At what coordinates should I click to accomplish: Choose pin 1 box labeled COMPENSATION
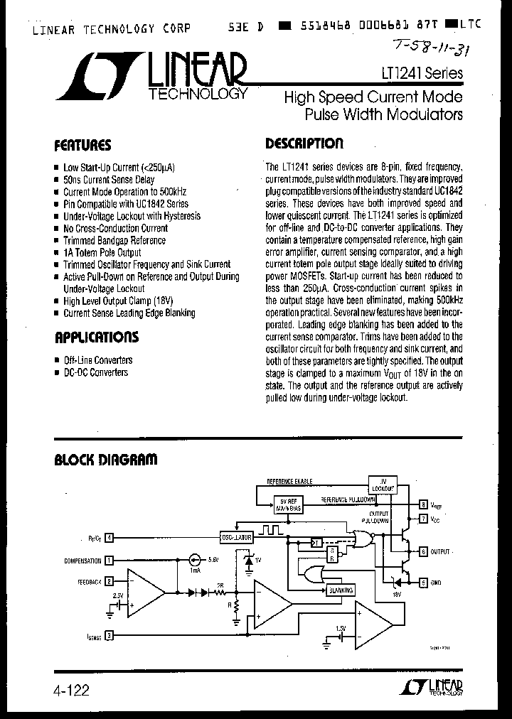[x=110, y=561]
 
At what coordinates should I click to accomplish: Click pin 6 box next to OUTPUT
[x=423, y=551]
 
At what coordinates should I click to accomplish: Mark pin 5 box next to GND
[x=423, y=583]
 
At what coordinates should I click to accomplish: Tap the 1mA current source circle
[x=193, y=561]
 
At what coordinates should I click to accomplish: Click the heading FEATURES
[x=83, y=146]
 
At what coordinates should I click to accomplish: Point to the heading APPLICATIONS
[x=97, y=337]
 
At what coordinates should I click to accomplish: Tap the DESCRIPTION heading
[x=304, y=144]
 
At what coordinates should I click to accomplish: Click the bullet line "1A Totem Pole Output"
[x=102, y=252]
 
